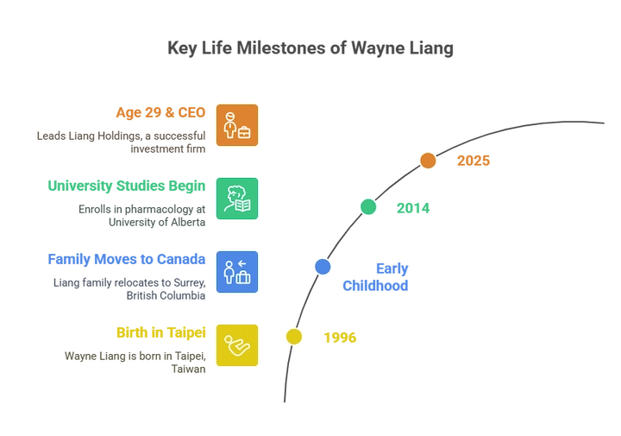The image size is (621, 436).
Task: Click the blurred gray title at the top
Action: pos(310,50)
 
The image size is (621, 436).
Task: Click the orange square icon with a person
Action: pos(236,127)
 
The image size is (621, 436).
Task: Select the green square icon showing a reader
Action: pos(236,198)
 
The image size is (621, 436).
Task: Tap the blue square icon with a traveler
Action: pos(236,273)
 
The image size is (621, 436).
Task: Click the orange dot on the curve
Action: pos(428,160)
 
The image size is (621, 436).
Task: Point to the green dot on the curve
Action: pos(368,206)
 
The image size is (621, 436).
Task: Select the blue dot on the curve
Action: pos(322,267)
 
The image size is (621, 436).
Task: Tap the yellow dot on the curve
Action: pos(294,337)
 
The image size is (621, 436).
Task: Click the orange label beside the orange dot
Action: pos(474,161)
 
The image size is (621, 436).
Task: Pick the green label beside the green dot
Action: pos(412,208)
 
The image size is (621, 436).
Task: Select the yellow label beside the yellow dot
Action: pos(339,337)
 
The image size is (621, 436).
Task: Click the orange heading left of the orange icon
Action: pos(161,111)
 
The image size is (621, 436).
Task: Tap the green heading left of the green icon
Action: pos(126,185)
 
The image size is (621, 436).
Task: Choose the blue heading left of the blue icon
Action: pos(129,257)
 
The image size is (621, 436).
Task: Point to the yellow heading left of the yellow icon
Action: pos(159,331)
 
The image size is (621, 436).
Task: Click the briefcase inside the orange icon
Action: pos(245,133)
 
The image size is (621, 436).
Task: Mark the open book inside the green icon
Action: pos(242,205)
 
